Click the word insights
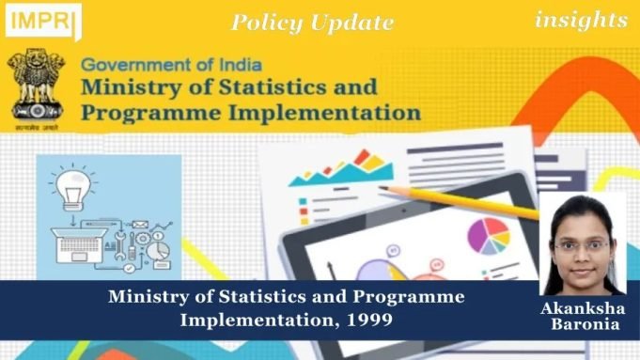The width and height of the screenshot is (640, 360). click(x=581, y=19)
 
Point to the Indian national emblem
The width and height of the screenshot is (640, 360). click(x=38, y=88)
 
